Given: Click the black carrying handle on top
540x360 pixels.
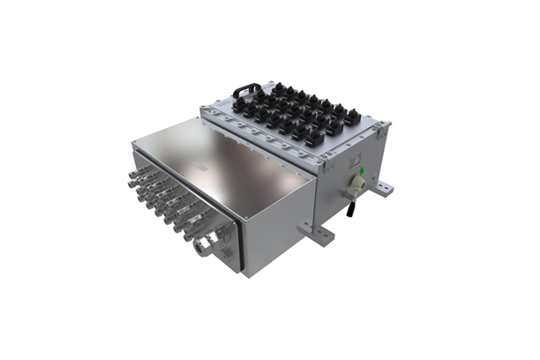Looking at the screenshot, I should (x=246, y=89).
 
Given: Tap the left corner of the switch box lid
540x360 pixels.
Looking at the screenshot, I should (x=204, y=114).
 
